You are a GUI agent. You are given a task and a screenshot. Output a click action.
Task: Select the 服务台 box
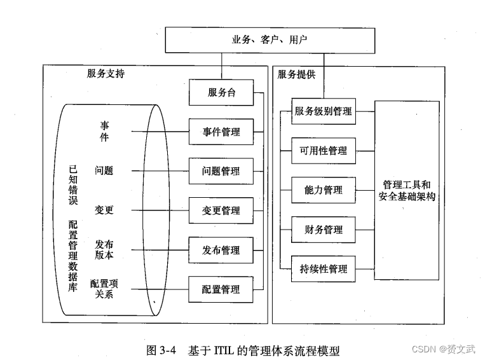point(221,92)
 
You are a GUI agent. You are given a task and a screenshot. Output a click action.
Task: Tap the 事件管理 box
point(221,132)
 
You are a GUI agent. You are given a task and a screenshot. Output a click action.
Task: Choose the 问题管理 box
point(221,171)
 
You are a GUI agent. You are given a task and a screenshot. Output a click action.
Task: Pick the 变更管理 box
point(221,211)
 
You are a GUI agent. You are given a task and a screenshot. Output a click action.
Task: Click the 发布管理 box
point(221,249)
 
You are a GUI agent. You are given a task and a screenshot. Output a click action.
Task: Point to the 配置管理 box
point(221,289)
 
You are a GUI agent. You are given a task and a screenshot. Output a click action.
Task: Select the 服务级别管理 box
point(324,111)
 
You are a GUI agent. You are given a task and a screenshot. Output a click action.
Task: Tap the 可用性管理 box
point(324,151)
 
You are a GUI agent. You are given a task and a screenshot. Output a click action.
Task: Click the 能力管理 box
point(324,190)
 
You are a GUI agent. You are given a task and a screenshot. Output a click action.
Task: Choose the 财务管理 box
point(324,230)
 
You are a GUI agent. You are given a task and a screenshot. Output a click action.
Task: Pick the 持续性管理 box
point(324,269)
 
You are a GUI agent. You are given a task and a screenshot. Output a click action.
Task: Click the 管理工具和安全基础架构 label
point(407,190)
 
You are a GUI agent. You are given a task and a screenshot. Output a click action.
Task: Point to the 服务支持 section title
point(106,73)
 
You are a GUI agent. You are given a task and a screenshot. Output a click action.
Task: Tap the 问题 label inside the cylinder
point(104,170)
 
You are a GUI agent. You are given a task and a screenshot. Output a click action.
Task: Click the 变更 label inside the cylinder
point(104,210)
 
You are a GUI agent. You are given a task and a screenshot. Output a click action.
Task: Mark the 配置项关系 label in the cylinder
point(104,288)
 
